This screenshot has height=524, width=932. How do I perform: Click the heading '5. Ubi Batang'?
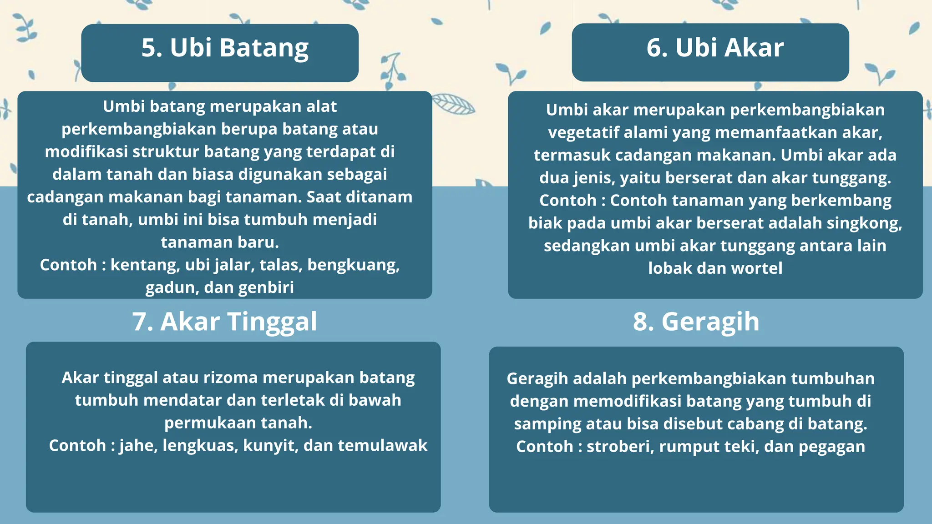point(225,48)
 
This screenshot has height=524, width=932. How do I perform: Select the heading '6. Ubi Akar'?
point(715,48)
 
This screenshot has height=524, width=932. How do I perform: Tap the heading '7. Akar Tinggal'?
point(225,322)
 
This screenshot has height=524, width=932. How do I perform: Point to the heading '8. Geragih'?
point(696,322)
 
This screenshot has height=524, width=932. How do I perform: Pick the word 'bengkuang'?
point(353,265)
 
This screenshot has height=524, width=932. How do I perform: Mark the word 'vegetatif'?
point(583,133)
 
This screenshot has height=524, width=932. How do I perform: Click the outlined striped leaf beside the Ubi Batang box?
point(453,104)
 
